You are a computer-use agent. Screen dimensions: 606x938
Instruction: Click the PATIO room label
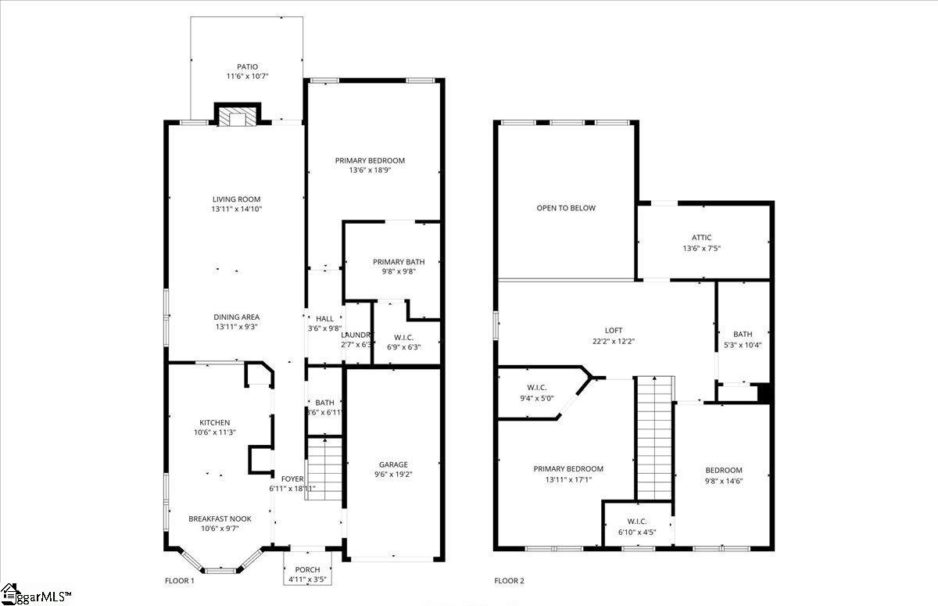point(247,67)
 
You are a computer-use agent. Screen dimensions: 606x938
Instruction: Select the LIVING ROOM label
point(235,199)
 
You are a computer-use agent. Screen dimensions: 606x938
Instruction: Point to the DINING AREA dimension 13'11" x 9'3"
point(235,327)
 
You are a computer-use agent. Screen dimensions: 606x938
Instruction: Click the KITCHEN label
point(214,422)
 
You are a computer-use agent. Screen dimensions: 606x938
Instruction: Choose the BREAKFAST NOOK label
point(220,518)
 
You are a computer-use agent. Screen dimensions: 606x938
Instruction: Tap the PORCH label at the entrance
point(307,569)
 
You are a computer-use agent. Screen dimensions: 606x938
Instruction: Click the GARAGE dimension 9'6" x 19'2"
point(394,475)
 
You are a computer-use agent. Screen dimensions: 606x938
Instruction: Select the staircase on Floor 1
point(324,469)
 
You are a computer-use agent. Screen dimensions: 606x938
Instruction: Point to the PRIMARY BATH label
point(398,262)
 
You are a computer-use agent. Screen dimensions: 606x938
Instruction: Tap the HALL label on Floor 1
point(324,319)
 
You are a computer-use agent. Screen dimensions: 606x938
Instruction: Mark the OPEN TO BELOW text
point(566,208)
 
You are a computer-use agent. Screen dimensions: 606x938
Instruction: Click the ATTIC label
point(701,238)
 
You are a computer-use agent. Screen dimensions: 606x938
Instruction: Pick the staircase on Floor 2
point(654,438)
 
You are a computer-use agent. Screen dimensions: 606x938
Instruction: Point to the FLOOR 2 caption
point(509,581)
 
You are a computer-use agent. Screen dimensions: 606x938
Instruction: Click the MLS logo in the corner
point(35,595)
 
